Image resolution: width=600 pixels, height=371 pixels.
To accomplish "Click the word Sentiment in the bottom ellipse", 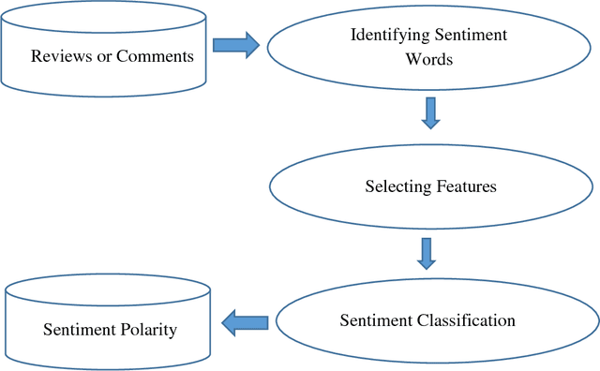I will (371, 320).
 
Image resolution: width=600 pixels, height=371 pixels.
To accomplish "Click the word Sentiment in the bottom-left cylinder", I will (76, 330).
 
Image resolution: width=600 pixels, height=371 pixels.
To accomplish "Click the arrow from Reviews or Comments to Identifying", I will (235, 45).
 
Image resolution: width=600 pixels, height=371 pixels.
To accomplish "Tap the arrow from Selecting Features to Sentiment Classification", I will (427, 251).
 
